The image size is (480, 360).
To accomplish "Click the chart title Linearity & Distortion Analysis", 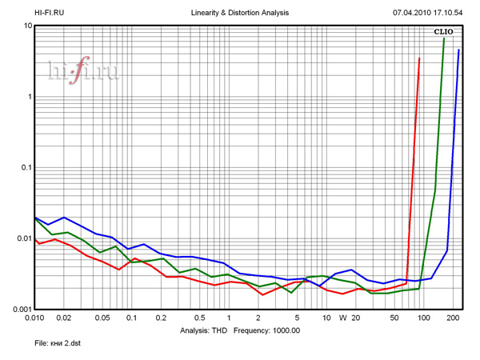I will (241, 13).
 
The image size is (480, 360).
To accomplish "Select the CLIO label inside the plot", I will (444, 33).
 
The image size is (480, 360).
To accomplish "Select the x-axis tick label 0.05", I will (101, 318).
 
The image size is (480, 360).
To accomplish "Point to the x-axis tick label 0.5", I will (199, 318).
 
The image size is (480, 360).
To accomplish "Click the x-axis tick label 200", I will (453, 318).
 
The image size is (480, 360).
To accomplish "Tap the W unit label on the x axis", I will (342, 318).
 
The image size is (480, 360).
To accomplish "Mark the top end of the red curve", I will (419, 58).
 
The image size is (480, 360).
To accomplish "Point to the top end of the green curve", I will (444, 39).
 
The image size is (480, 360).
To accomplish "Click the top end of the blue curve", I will (459, 50).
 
